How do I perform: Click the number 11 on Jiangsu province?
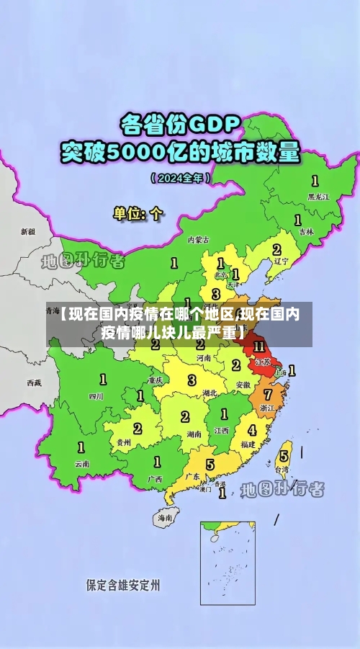(x=259, y=347)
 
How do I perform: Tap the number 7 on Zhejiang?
(x=267, y=394)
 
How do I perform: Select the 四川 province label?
(x=96, y=395)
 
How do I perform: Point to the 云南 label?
(x=81, y=464)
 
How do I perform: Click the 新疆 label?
(x=27, y=232)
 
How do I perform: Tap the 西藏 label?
(x=34, y=382)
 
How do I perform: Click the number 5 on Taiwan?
(x=284, y=455)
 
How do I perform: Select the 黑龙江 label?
(x=318, y=196)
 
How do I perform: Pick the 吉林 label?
(x=307, y=231)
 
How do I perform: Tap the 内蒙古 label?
(x=198, y=239)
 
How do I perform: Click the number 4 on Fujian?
(x=251, y=431)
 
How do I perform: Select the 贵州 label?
(x=124, y=442)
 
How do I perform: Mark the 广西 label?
(x=154, y=478)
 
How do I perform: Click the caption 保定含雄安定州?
(x=123, y=584)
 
